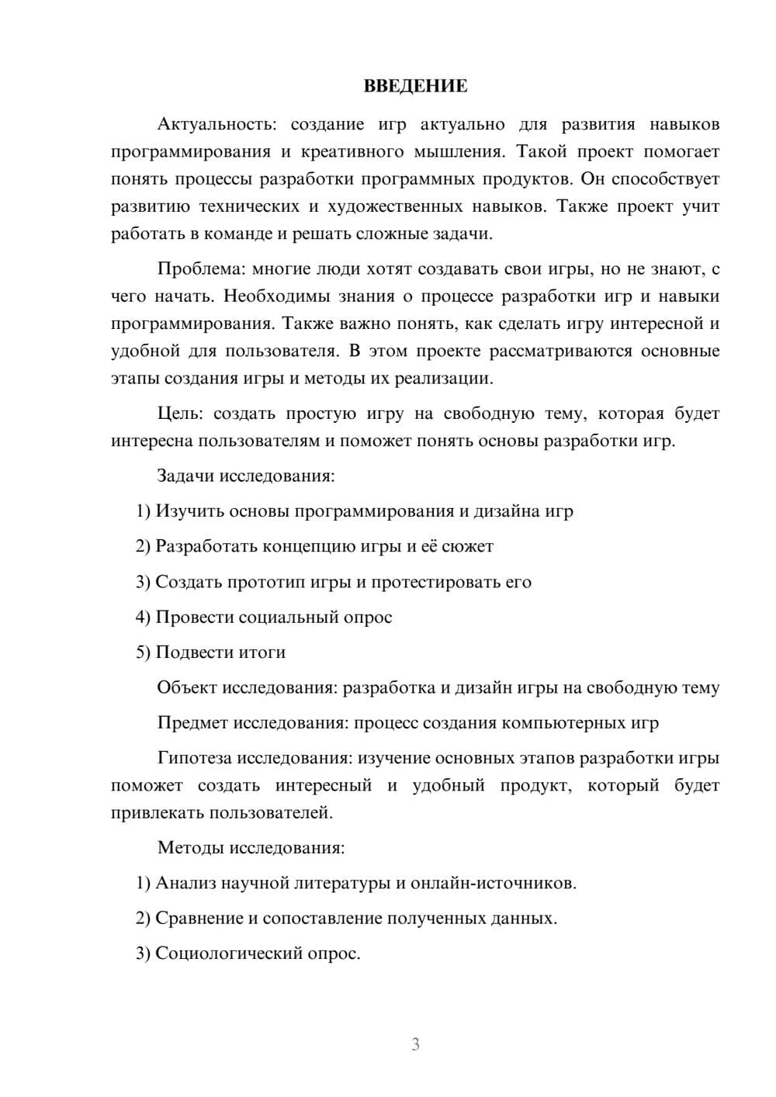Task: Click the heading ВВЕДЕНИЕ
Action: (415, 86)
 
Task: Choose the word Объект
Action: (187, 687)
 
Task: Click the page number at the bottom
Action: (415, 1044)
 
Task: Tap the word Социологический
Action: (229, 953)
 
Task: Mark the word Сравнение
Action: (199, 919)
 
